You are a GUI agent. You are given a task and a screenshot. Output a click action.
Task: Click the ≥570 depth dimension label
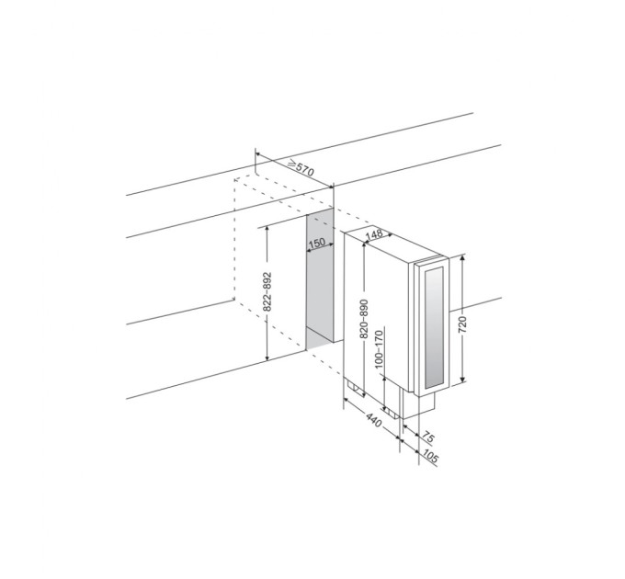(x=301, y=168)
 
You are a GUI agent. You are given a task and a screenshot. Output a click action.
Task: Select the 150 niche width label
(x=317, y=243)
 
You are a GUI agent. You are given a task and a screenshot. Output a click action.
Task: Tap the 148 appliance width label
(x=374, y=234)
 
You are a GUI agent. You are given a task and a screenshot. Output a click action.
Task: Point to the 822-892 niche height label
(x=267, y=291)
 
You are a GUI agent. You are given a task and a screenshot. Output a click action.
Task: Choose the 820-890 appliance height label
(x=364, y=319)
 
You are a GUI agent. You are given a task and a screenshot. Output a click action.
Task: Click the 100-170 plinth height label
(x=379, y=348)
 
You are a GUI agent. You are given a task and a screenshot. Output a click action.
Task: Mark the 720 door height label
(x=462, y=324)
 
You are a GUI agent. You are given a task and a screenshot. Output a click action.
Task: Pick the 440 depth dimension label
(x=373, y=420)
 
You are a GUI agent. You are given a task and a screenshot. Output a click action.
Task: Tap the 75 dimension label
(x=427, y=437)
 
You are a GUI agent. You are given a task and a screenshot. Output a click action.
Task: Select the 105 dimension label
(x=430, y=457)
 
